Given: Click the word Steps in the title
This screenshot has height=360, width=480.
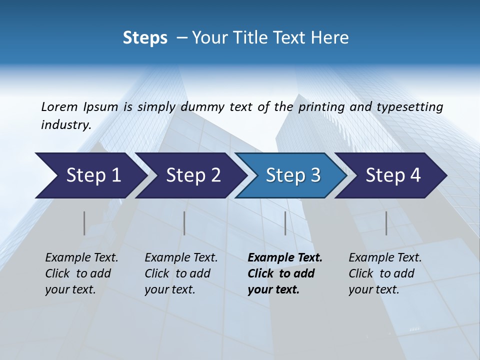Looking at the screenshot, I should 145,38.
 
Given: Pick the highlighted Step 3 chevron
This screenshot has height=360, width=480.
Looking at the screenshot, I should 293,175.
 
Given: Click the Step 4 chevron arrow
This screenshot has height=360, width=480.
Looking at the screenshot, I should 393,175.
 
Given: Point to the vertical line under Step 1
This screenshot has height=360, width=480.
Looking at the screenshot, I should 84,223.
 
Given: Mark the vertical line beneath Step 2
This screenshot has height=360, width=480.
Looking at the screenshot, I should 184,223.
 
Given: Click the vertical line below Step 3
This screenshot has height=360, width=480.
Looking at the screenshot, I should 285,223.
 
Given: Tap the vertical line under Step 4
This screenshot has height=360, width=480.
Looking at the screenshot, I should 386,223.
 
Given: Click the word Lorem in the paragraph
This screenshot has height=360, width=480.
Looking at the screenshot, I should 59,106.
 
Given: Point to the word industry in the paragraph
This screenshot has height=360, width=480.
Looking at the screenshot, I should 65,125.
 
